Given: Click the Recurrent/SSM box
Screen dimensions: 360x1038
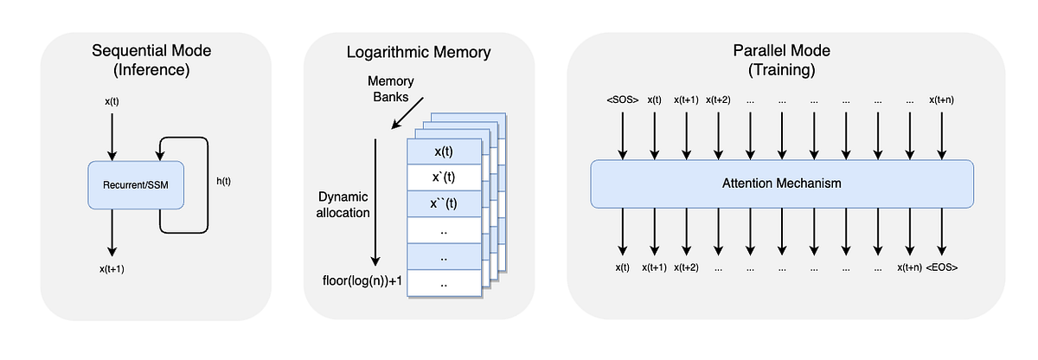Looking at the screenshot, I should click(136, 184).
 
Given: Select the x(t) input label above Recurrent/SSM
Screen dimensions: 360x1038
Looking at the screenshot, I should click(112, 101).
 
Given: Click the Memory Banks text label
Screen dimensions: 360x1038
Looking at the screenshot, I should click(391, 88).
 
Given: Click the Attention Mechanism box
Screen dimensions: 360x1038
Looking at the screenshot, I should click(782, 183).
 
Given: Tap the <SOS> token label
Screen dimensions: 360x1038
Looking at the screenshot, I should click(622, 100).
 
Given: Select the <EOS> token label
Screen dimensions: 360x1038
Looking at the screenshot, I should click(941, 267).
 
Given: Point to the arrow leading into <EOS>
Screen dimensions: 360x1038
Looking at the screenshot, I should click(941, 234).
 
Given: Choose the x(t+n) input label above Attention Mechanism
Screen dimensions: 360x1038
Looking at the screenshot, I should click(941, 100).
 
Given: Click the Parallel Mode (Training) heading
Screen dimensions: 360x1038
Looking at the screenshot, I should click(782, 61).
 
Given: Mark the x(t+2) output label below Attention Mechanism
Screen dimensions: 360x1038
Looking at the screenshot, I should click(687, 267).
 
